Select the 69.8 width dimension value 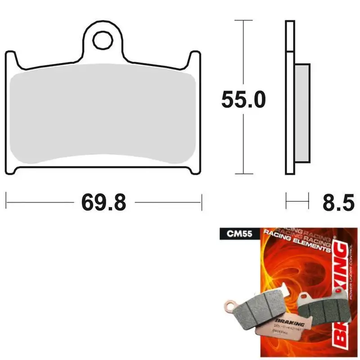tap(103, 202)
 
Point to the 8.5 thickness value tap(338, 202)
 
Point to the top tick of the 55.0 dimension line tap(243, 20)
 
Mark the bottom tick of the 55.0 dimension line tap(243, 174)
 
